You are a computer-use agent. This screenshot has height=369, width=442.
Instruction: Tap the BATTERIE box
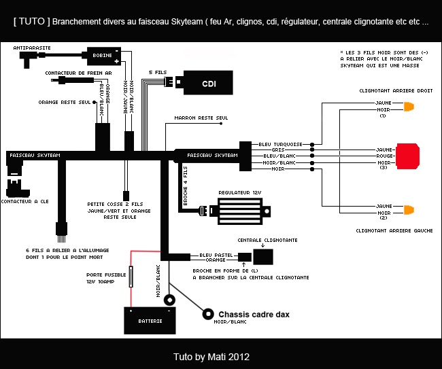150,321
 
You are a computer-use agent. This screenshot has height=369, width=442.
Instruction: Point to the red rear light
408,156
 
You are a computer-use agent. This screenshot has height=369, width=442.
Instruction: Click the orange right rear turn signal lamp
409,107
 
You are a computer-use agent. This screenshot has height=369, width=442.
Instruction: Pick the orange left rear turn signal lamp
409,209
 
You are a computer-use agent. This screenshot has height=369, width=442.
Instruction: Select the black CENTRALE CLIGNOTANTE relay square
263,256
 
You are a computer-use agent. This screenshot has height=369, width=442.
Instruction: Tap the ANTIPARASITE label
31,48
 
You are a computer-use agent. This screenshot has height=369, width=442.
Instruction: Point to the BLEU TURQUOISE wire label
281,144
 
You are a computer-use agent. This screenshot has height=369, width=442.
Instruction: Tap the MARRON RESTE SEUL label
201,118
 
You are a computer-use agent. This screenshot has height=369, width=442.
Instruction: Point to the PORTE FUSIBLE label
101,275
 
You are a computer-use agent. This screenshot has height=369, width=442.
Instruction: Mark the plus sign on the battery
131,311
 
